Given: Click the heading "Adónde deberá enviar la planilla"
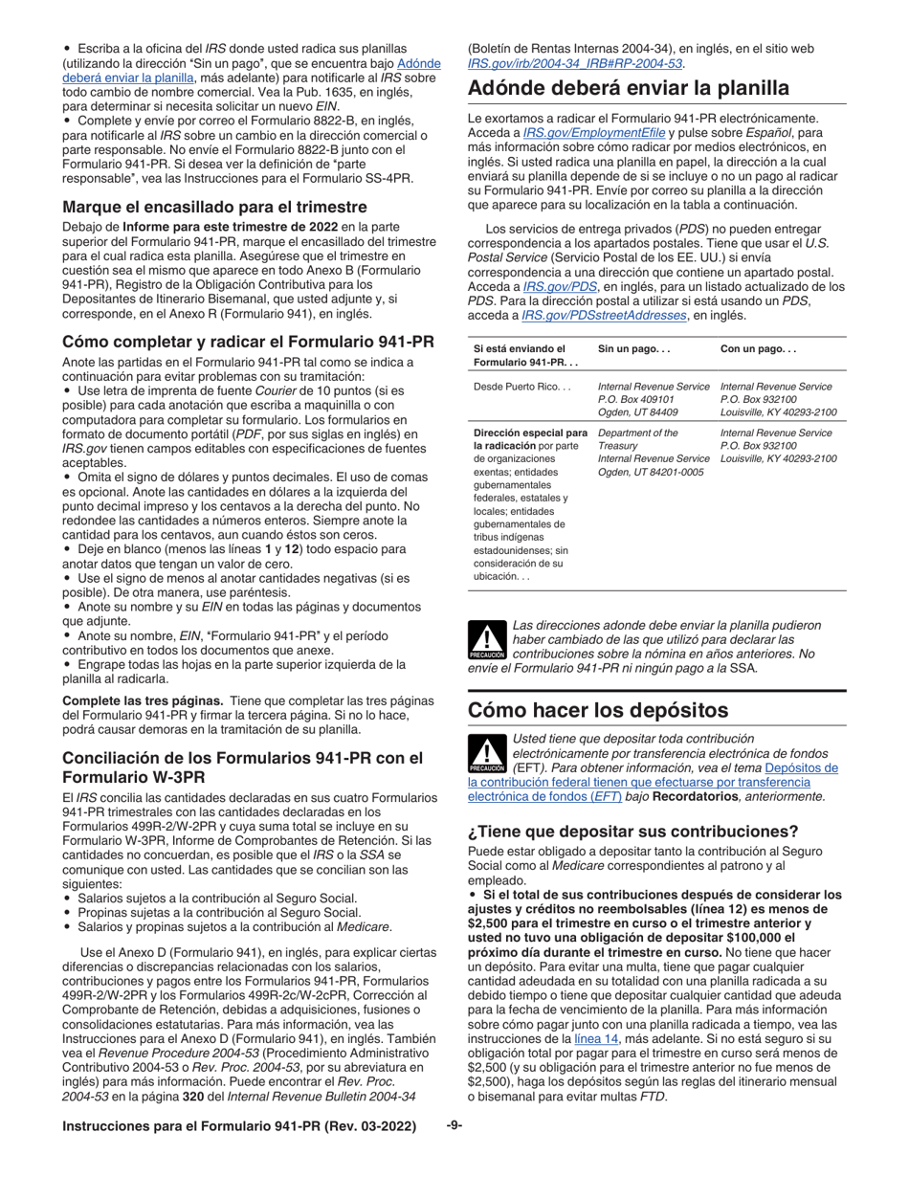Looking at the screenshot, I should tap(629, 88).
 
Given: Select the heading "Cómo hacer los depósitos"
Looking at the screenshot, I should tap(598, 711).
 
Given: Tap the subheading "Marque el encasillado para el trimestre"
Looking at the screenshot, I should tap(214, 207).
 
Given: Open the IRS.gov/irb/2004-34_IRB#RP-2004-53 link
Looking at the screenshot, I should tap(575, 63).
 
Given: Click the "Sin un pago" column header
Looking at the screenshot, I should tap(631, 348).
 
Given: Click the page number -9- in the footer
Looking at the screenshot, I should tap(454, 1126).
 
